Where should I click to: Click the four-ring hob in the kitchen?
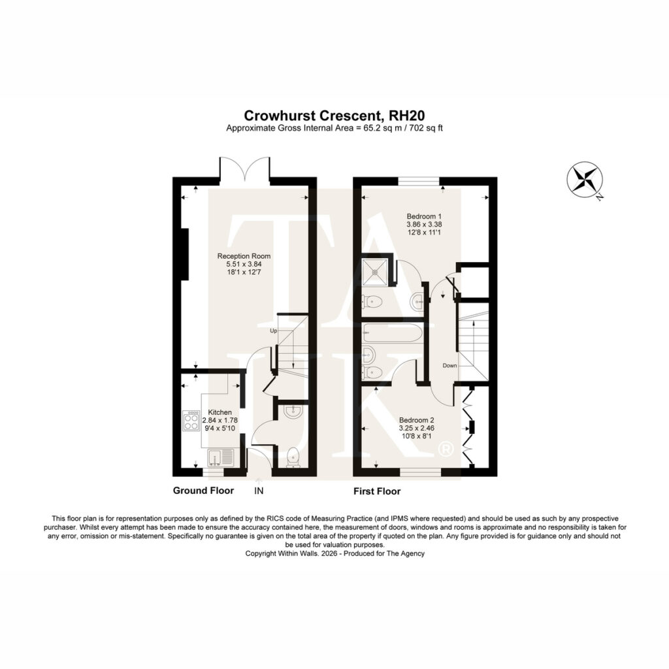click(x=191, y=421)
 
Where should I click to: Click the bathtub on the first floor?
click(x=392, y=333)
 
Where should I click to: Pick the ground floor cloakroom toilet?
click(x=293, y=457)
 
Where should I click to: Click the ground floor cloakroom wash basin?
click(x=293, y=412)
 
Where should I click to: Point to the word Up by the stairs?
click(x=274, y=331)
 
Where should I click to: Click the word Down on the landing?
click(x=449, y=366)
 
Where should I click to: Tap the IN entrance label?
click(x=259, y=491)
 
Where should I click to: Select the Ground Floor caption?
click(x=203, y=491)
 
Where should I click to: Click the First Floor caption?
click(x=377, y=491)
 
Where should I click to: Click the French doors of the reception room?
click(x=245, y=169)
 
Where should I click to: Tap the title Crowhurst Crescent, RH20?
click(x=334, y=116)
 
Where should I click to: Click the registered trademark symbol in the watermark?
click(x=446, y=449)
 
